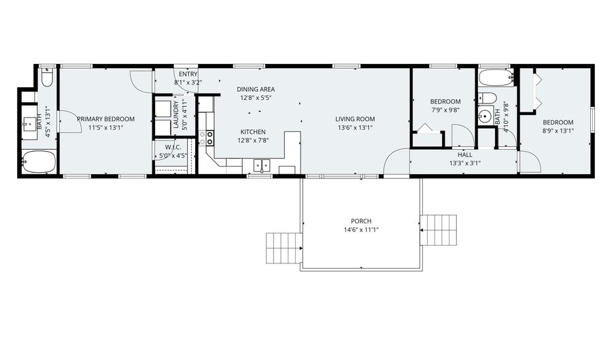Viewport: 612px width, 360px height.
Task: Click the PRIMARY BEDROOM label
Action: pos(105,119)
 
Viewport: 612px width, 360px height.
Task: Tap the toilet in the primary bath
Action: pos(47,78)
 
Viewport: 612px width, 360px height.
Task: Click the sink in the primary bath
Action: pos(30,124)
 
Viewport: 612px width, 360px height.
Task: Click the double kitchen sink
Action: pos(262,165)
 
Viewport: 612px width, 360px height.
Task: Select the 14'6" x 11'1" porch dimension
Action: pos(361,230)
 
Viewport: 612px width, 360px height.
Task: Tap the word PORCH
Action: pos(361,221)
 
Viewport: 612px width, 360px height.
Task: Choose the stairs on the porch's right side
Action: pos(439,230)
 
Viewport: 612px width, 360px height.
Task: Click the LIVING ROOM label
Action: pos(355,119)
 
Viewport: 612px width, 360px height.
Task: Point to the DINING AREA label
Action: pos(256,89)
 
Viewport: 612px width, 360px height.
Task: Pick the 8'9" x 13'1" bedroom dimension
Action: pos(558,131)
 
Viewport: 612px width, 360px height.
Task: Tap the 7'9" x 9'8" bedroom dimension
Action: pos(445,110)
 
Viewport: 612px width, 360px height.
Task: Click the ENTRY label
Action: pos(188,74)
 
